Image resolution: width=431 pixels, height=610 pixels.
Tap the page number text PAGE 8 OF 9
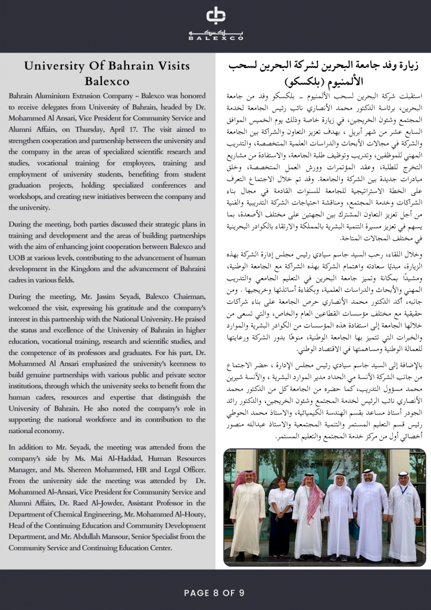215,593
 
